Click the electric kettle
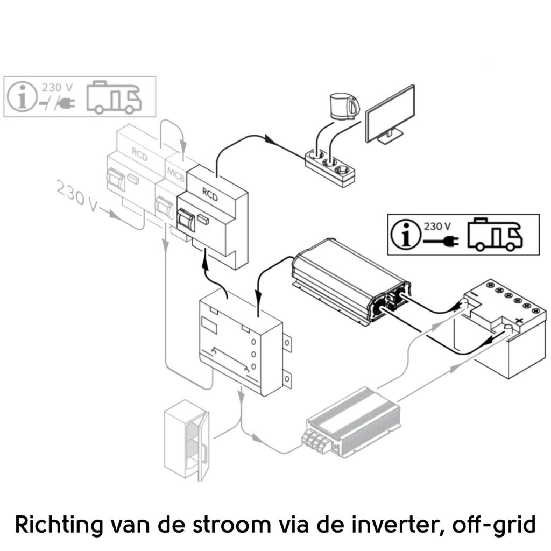[x=344, y=106]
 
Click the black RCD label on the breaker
[x=209, y=194]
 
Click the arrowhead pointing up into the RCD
[x=204, y=263]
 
